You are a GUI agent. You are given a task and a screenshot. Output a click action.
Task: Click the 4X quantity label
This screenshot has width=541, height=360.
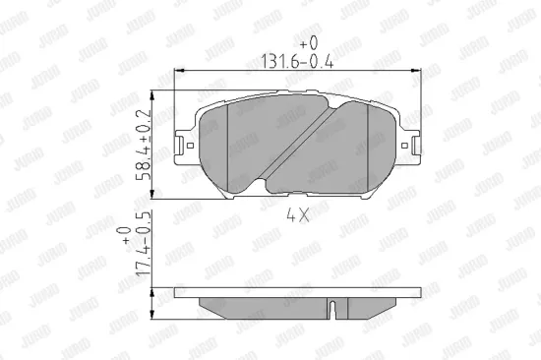[297, 214]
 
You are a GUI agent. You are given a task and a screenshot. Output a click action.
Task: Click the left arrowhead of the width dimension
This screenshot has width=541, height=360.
[178, 72]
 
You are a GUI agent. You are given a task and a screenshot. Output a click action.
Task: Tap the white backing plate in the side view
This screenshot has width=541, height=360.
[295, 293]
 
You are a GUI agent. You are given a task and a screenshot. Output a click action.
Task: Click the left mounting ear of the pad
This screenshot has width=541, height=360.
[183, 149]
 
